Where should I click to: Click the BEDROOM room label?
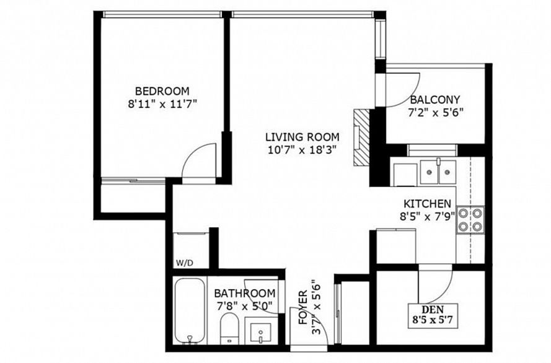point(162,91)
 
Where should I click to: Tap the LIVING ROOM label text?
point(302,136)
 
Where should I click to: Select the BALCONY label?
point(435,100)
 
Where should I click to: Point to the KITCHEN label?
point(427,204)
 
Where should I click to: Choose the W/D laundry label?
point(185,263)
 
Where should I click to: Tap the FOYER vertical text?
point(303,307)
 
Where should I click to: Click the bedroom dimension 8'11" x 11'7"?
point(162,104)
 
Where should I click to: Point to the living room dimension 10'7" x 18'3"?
point(302,150)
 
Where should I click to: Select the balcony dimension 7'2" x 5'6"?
point(435,113)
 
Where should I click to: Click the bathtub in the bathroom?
point(190,311)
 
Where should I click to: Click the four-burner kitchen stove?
point(470,220)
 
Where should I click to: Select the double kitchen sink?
point(438,172)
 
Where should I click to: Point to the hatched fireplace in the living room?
point(361,138)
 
